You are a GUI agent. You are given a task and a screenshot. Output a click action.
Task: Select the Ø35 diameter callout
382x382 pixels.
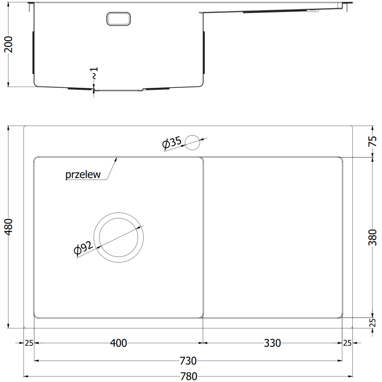[172, 143]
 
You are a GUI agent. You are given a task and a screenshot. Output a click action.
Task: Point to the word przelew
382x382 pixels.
[83, 175]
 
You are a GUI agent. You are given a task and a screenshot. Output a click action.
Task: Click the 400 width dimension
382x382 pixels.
[118, 342]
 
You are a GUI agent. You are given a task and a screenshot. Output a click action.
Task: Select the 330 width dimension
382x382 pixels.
[273, 342]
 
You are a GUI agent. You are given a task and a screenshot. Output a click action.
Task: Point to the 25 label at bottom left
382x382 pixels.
[29, 342]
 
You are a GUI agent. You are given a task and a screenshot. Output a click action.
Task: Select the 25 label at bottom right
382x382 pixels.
[347, 342]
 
